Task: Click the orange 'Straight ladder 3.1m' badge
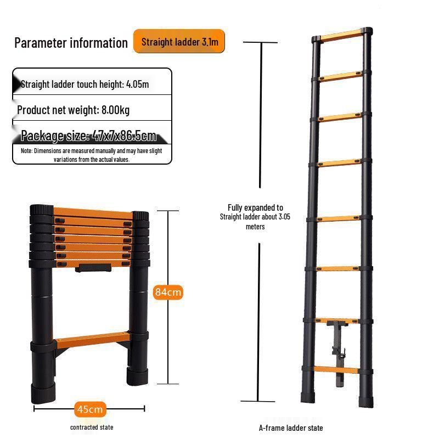[x=179, y=41]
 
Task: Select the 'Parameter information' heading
[x=71, y=43]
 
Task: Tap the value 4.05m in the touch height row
[x=138, y=85]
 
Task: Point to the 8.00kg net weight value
[x=116, y=110]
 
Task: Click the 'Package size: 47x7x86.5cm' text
[x=88, y=136]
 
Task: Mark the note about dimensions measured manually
[x=92, y=155]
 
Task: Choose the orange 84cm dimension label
[x=168, y=292]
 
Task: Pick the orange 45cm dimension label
[x=90, y=409]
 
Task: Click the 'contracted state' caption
[x=92, y=427]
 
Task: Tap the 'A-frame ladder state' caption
[x=291, y=428]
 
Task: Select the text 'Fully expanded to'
[x=255, y=207]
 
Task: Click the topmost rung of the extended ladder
[x=341, y=35]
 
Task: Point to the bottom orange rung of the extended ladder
[x=336, y=369]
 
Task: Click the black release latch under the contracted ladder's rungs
[x=93, y=268]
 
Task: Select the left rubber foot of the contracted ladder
[x=43, y=393]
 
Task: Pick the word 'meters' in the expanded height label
[x=255, y=227]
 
